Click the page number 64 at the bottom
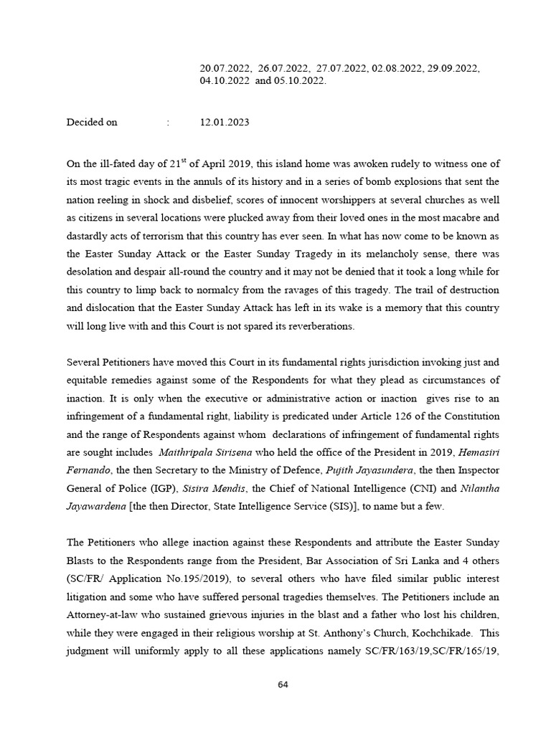click(283, 685)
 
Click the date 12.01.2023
click(225, 123)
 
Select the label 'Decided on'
click(92, 123)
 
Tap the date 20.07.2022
click(225, 68)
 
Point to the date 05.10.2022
click(301, 81)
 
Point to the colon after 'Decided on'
click(168, 123)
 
